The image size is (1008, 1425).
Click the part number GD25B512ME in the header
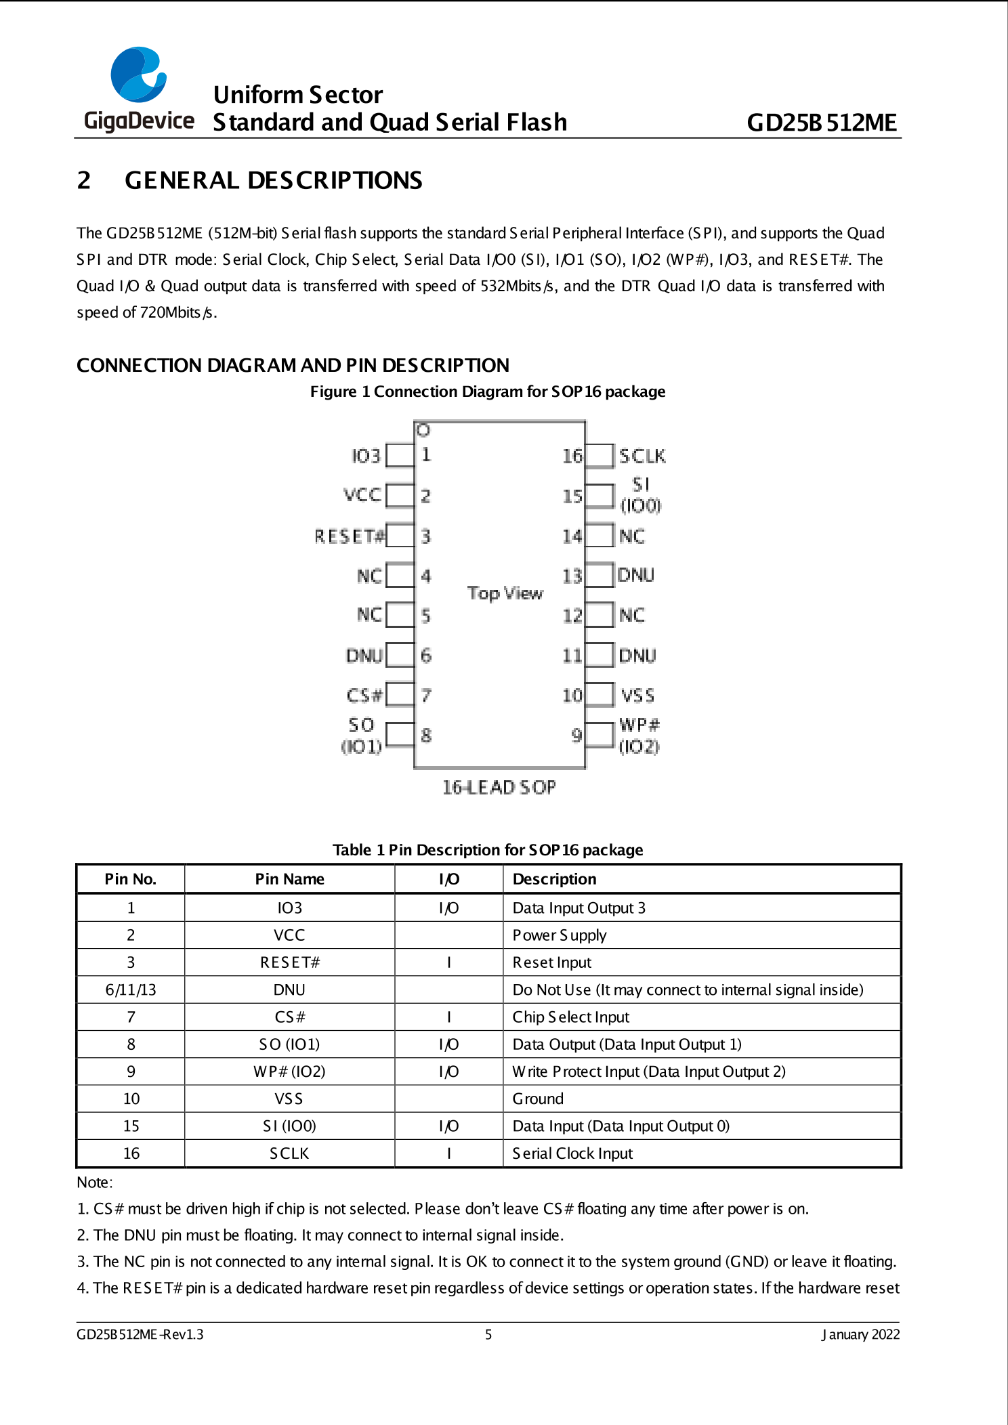click(821, 123)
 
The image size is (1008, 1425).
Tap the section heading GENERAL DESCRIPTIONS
click(273, 180)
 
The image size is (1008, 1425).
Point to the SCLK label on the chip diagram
click(642, 456)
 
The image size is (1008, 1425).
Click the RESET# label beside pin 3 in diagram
click(349, 536)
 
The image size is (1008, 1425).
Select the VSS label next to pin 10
click(637, 696)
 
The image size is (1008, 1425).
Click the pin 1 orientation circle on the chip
click(423, 430)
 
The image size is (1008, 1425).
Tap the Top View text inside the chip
click(505, 593)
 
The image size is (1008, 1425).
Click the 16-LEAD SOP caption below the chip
click(499, 787)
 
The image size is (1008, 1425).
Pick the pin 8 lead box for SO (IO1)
click(400, 734)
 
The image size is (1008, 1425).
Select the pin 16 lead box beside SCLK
click(600, 456)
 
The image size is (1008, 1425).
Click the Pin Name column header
click(289, 879)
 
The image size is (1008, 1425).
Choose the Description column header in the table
click(554, 879)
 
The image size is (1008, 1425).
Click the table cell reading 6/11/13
click(131, 990)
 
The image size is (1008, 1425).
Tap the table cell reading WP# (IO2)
click(289, 1071)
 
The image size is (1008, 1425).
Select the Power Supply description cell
click(560, 935)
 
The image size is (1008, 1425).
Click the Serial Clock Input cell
click(572, 1153)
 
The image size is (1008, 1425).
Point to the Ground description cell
click(538, 1099)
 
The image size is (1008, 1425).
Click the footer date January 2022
click(860, 1334)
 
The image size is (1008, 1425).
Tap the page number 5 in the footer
click(488, 1334)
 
